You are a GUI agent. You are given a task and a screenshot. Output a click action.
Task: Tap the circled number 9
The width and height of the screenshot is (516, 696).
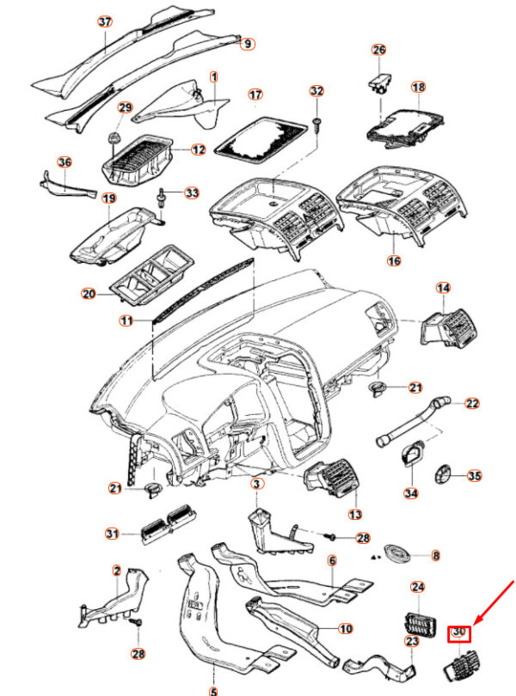[247, 43]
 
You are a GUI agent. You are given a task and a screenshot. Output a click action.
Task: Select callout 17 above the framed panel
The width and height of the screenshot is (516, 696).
[255, 94]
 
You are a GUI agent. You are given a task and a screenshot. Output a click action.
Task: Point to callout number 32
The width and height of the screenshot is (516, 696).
[316, 91]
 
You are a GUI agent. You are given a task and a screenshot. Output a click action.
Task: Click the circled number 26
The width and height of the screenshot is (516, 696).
[379, 50]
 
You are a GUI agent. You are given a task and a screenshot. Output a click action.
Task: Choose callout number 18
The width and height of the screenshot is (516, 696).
[418, 88]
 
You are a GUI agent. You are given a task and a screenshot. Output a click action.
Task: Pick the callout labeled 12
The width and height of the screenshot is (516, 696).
[198, 150]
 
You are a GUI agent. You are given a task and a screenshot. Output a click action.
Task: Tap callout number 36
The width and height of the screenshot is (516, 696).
[64, 162]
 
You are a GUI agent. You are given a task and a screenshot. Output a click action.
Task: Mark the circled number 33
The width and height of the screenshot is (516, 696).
[191, 192]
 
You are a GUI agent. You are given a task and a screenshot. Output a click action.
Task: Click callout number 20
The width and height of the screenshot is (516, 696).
[88, 294]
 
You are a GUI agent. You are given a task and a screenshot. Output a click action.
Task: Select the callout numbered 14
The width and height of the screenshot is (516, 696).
[443, 288]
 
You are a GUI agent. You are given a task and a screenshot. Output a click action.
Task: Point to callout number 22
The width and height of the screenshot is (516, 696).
[472, 403]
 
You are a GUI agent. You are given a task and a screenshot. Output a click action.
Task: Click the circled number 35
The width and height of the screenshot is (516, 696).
[474, 474]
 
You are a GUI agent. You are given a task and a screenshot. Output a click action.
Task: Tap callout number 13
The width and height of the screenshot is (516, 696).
[354, 515]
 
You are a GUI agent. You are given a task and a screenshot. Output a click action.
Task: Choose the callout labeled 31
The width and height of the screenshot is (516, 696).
[112, 534]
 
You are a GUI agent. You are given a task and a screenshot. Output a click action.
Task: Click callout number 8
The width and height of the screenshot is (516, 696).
[435, 556]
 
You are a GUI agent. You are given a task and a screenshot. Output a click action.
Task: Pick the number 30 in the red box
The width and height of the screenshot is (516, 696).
[459, 634]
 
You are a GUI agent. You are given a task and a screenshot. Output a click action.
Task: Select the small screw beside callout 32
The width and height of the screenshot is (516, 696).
[316, 125]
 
